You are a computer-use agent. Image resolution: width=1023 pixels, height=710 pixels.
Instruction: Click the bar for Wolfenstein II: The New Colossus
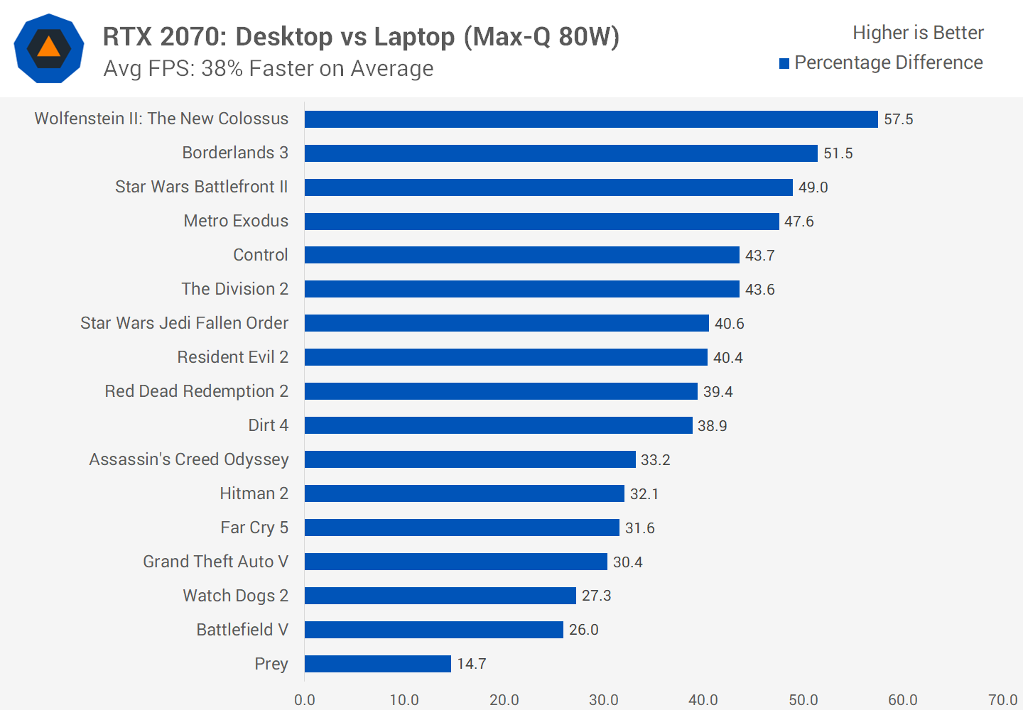click(x=591, y=119)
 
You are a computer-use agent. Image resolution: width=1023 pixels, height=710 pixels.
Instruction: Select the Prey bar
click(x=378, y=664)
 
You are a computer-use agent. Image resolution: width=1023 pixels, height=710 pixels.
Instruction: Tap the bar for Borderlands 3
click(x=561, y=153)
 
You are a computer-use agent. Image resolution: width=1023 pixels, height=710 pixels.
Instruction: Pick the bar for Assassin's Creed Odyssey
click(x=470, y=459)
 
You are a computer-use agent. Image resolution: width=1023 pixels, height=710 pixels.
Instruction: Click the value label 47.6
click(x=799, y=222)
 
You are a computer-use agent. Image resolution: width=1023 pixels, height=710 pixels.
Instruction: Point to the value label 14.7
click(x=472, y=664)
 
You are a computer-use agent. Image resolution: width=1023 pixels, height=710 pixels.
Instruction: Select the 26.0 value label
click(x=584, y=630)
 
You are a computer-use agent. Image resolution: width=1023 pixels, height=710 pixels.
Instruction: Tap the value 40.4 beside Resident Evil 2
click(x=728, y=358)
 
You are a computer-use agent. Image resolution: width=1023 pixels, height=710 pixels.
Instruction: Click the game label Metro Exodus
click(x=236, y=221)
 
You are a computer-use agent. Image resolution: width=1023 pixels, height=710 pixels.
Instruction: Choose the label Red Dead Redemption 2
click(x=197, y=391)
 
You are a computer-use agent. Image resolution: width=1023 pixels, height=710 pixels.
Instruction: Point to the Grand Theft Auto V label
click(x=216, y=562)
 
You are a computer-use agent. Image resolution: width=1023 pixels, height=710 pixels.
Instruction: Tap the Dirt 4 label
click(x=269, y=425)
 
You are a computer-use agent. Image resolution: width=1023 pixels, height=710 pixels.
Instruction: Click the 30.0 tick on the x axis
click(x=604, y=700)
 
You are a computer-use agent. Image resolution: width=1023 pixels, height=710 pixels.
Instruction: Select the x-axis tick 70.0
click(x=1002, y=700)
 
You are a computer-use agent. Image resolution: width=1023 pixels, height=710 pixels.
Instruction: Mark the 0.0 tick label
click(x=305, y=700)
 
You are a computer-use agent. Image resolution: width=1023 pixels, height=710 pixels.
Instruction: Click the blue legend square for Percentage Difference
click(x=784, y=64)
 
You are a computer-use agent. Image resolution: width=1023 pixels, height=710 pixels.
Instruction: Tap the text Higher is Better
click(x=918, y=33)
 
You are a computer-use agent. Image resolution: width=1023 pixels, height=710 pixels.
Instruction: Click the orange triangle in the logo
click(x=49, y=48)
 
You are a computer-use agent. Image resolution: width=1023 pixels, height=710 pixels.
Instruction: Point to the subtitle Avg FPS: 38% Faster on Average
click(x=269, y=69)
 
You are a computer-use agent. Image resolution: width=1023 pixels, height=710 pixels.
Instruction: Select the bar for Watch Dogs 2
click(x=440, y=596)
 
